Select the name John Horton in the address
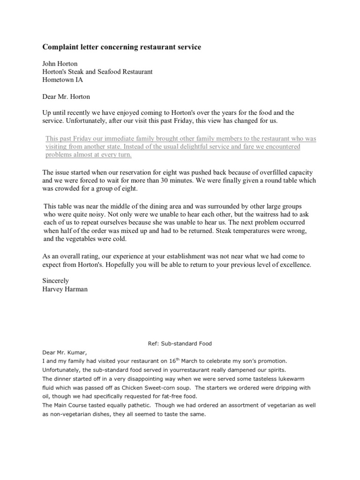[61, 64]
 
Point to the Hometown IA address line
[64, 80]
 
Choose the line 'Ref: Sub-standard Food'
[180, 344]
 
